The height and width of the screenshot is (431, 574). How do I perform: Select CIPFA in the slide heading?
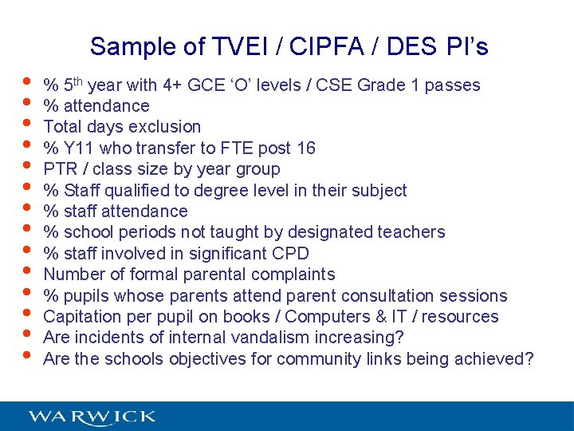pos(319,47)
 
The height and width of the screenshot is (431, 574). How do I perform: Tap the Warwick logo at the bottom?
pos(92,417)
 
